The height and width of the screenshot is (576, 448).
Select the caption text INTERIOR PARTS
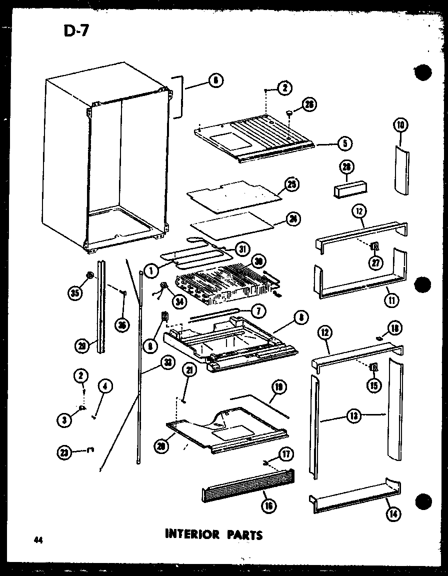(x=213, y=534)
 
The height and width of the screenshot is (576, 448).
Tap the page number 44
(x=37, y=539)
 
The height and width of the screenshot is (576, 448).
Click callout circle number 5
(x=344, y=143)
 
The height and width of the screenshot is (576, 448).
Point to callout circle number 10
(x=401, y=126)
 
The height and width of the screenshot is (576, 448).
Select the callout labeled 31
(x=242, y=248)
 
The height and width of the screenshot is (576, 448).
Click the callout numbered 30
(x=258, y=261)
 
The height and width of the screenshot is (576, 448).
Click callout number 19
(x=278, y=386)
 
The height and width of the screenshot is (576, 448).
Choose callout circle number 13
(x=353, y=414)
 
